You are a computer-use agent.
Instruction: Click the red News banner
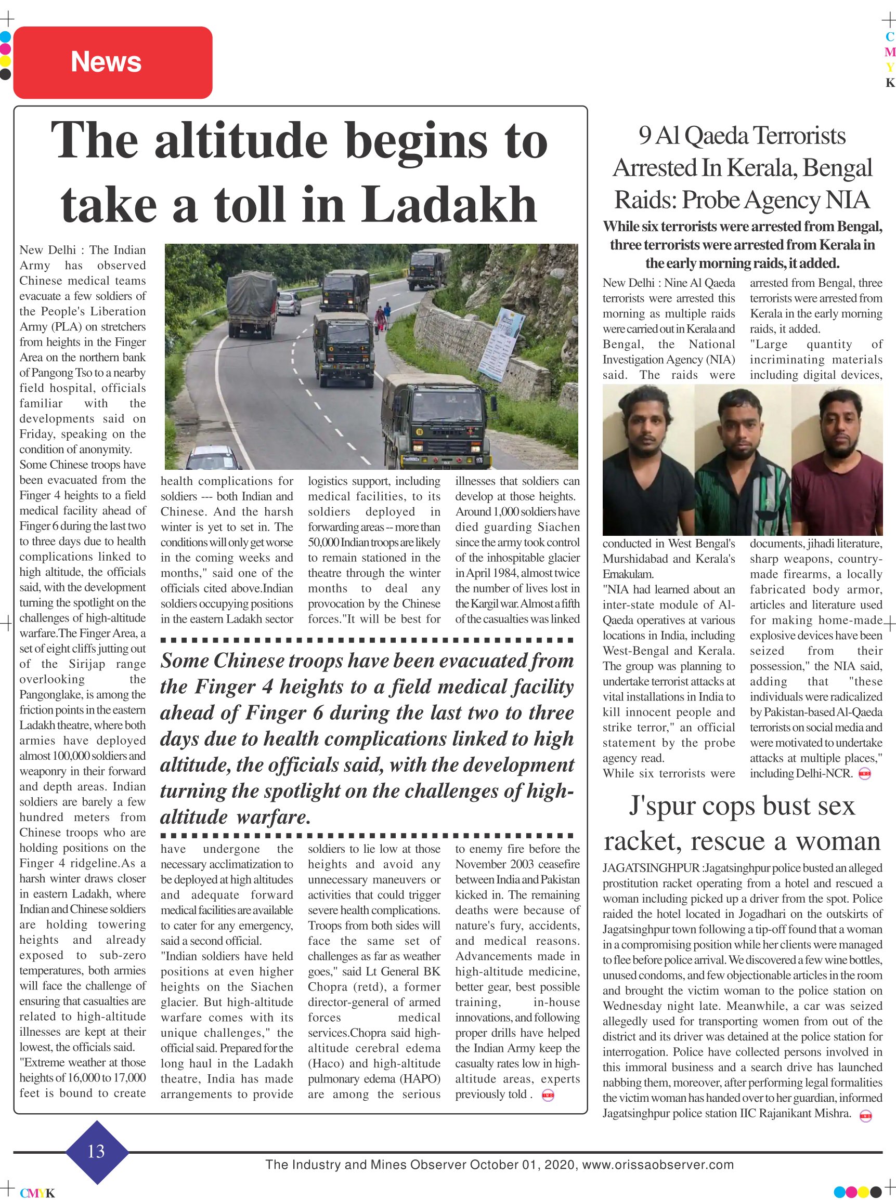pyautogui.click(x=112, y=62)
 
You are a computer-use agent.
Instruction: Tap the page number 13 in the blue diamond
pyautogui.click(x=96, y=1151)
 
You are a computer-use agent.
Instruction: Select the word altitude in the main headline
pyautogui.click(x=241, y=140)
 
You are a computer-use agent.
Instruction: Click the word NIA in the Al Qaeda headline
pyautogui.click(x=847, y=200)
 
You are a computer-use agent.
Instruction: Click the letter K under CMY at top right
pyautogui.click(x=889, y=83)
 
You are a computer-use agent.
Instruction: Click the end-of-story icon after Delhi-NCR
pyautogui.click(x=865, y=774)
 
